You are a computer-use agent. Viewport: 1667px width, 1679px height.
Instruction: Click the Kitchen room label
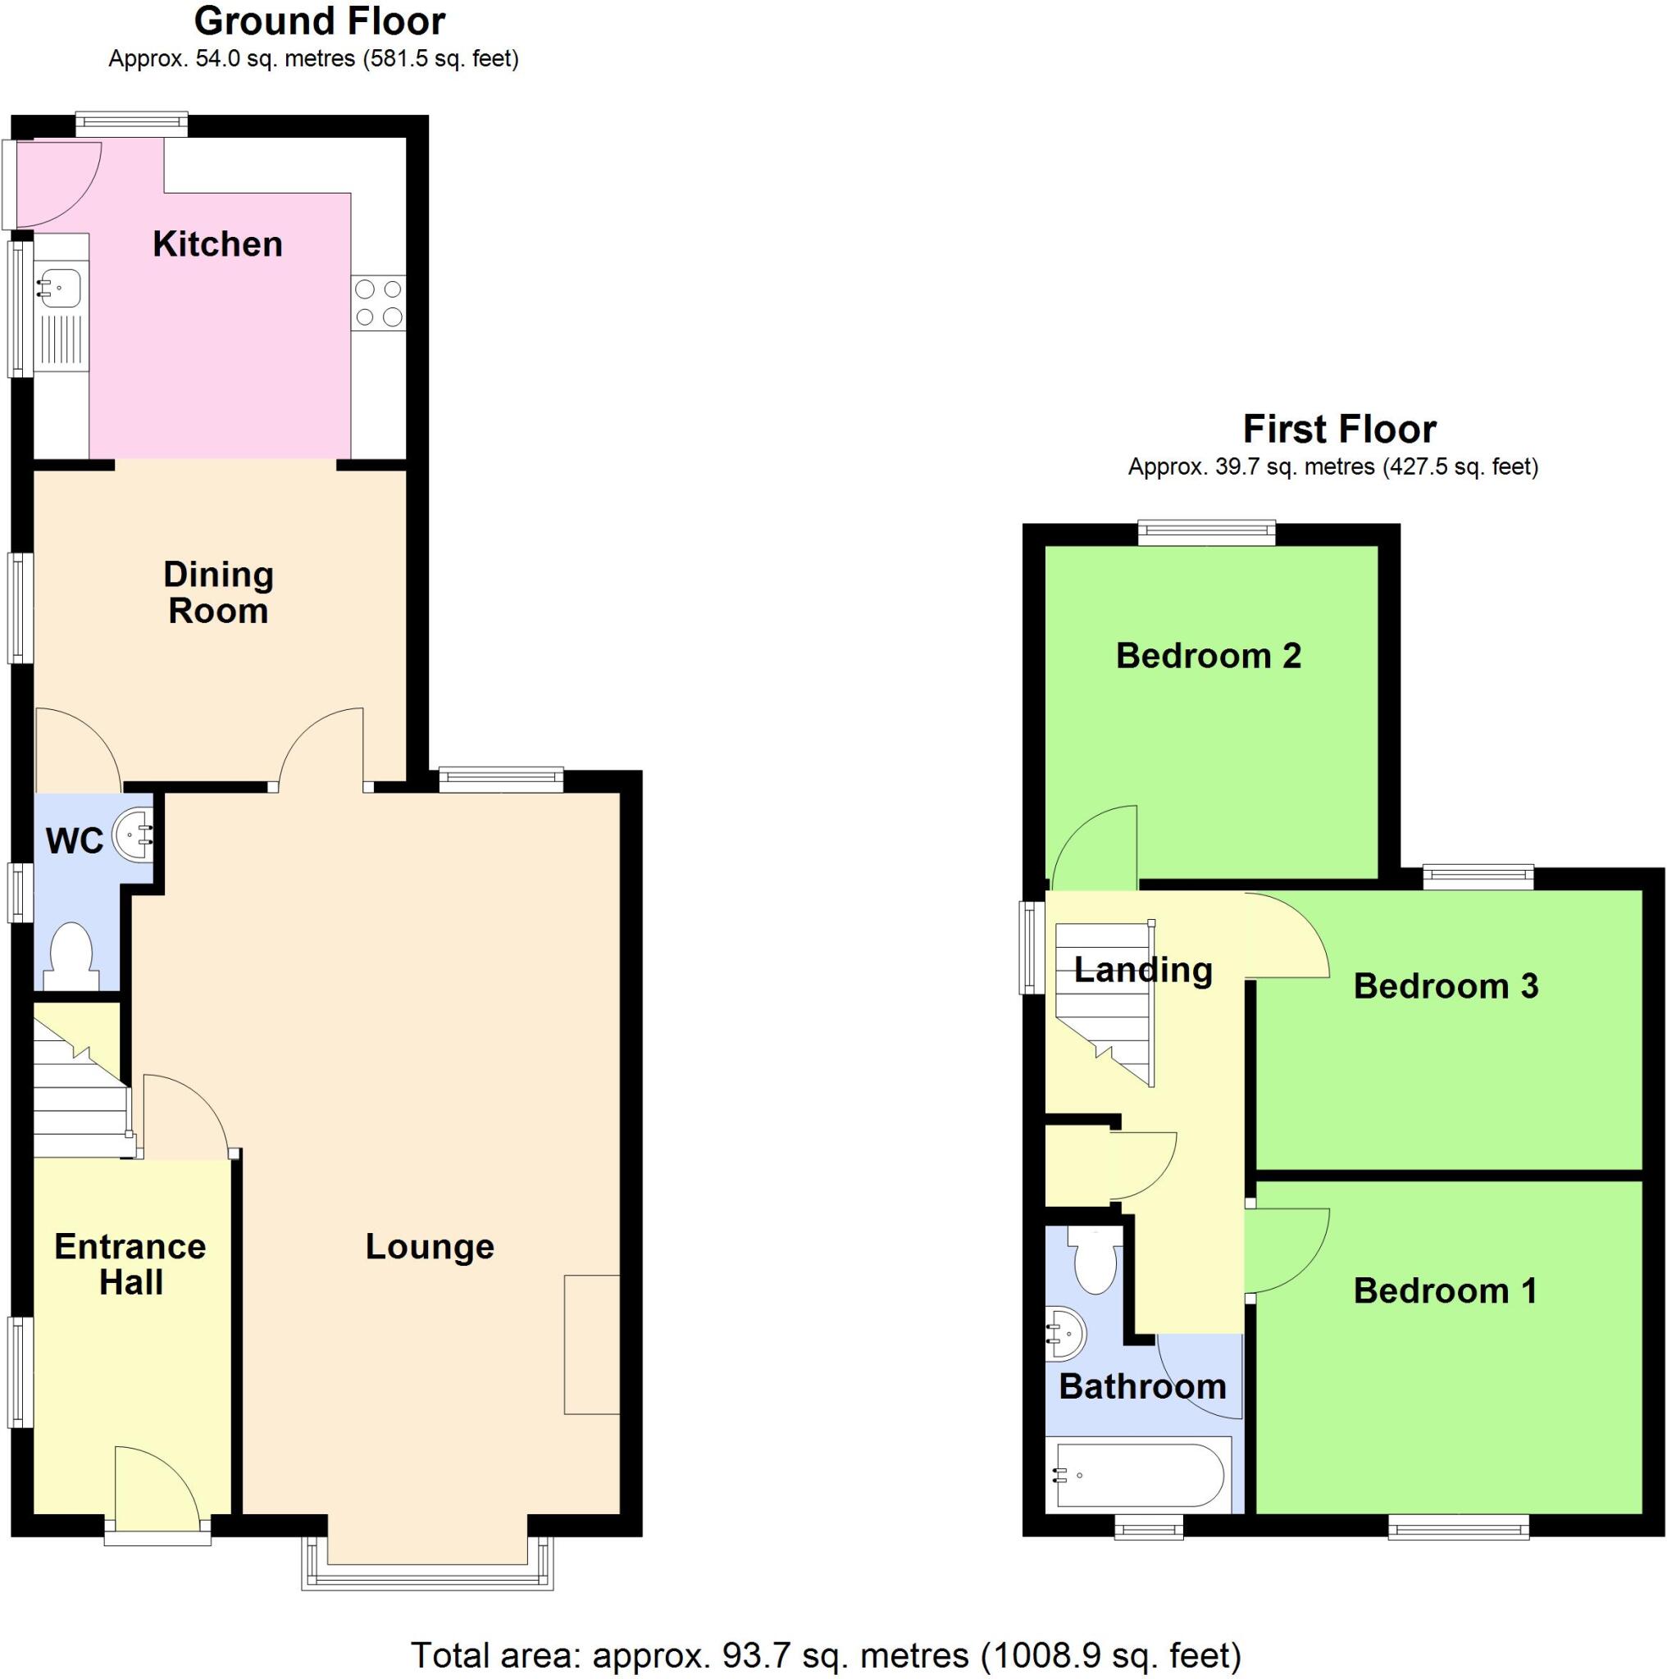217,244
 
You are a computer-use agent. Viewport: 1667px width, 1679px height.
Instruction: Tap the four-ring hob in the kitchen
378,303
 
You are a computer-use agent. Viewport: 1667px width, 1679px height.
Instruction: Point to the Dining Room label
218,593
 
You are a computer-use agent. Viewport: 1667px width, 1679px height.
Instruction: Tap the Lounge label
430,1246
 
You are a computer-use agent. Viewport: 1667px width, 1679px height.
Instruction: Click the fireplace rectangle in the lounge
591,1344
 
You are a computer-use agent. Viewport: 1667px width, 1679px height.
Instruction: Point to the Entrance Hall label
130,1264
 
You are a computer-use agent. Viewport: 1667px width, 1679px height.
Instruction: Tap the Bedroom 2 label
1208,655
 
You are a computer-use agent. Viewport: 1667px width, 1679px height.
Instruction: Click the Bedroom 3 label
1446,985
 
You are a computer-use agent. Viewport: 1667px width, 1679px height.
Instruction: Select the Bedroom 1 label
1446,1290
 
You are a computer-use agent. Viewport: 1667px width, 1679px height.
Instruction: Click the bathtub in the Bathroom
1141,1475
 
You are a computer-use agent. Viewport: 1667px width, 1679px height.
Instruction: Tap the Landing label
1143,969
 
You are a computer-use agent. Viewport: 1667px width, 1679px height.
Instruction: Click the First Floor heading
1339,430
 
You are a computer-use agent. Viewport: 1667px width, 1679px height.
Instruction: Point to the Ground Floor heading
319,20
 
